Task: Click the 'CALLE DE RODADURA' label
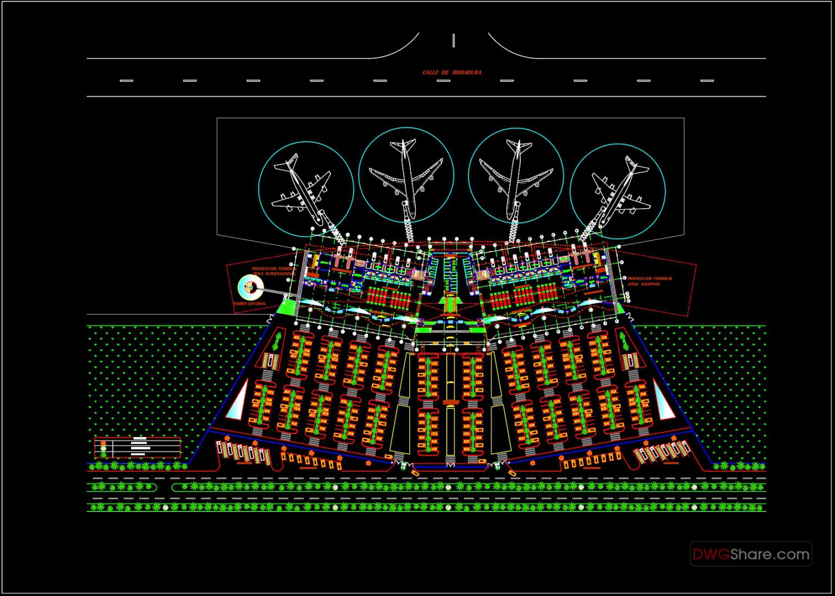click(x=452, y=72)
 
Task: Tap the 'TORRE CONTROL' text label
click(x=250, y=304)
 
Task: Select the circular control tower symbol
click(x=250, y=286)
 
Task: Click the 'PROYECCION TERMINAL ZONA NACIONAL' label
click(x=650, y=281)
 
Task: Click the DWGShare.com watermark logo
click(x=751, y=554)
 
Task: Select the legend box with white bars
click(x=138, y=447)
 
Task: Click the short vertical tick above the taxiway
click(x=453, y=40)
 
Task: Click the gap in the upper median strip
click(x=164, y=487)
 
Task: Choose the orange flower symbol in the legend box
click(x=103, y=443)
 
